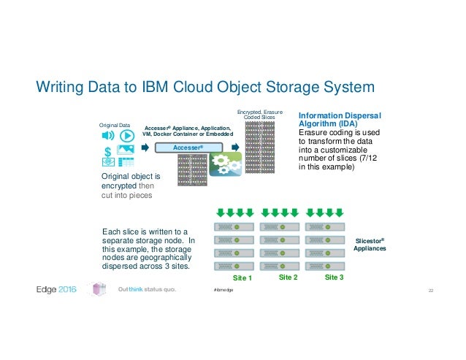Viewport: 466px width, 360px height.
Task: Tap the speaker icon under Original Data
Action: point(107,136)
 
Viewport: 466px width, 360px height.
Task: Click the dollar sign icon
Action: point(108,151)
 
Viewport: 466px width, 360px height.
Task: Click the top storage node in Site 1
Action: point(235,226)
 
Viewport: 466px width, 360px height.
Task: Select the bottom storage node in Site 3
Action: point(326,266)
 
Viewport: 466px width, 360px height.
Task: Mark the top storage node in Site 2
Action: point(280,226)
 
